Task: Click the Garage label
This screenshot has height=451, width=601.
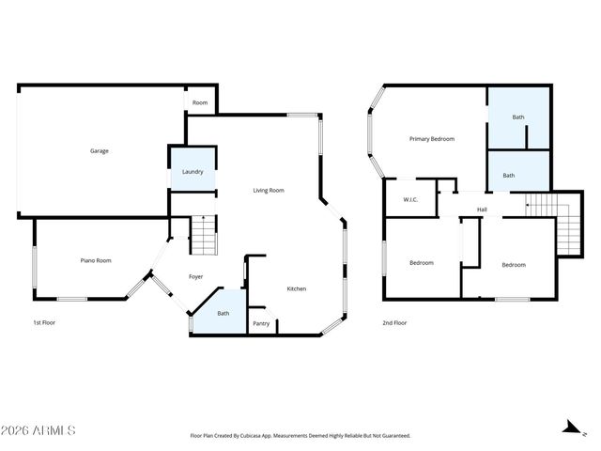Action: (99, 150)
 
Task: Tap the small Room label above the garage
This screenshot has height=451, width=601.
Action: (200, 102)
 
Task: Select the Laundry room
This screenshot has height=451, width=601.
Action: (193, 172)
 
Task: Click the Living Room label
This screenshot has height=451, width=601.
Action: (269, 190)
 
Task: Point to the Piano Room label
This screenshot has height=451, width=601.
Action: (96, 260)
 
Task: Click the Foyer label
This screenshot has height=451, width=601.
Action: (195, 276)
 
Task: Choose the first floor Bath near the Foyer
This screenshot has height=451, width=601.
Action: (223, 314)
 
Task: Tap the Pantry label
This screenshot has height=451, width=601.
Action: (261, 324)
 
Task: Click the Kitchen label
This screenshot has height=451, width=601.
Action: (296, 288)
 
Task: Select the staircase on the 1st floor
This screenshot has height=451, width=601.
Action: (204, 235)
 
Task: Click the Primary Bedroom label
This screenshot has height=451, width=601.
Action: (432, 138)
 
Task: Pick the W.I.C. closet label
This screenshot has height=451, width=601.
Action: (410, 199)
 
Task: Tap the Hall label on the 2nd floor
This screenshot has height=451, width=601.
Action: (482, 209)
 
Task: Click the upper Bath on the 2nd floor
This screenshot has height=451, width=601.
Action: (518, 117)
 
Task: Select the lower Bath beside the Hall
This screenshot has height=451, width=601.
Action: (508, 175)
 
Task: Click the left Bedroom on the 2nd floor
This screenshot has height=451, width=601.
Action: (422, 263)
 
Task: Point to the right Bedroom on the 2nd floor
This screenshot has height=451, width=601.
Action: (514, 265)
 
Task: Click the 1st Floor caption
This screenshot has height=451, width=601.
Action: (43, 322)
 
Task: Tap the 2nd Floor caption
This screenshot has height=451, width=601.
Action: (394, 322)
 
